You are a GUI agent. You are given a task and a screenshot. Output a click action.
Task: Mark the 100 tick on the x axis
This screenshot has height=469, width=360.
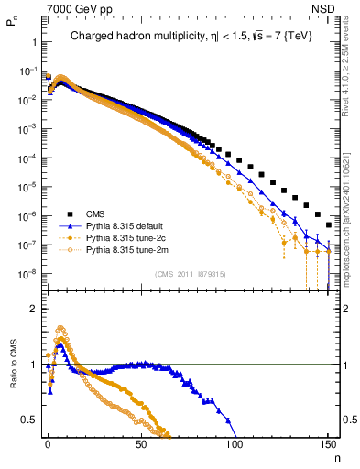tap(235, 443)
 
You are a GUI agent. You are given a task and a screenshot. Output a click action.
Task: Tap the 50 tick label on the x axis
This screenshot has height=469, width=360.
tap(141, 443)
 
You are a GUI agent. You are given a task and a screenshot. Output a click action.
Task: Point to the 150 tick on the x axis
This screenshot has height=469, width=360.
tap(328, 443)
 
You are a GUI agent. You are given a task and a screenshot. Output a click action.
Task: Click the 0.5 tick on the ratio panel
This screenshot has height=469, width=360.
tap(28, 420)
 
